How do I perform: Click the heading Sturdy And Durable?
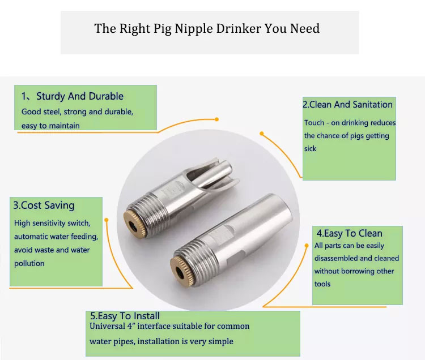pos(80,96)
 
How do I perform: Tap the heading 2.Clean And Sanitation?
pos(347,105)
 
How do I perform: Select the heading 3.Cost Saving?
pos(44,205)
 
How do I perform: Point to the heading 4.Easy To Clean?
pos(350,233)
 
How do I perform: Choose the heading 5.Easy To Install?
pos(125,316)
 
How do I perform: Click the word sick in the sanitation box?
pos(311,149)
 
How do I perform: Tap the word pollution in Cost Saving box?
pos(29,263)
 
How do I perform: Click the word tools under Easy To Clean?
pos(322,284)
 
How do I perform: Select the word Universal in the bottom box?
pos(107,326)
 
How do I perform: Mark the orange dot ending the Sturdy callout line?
pos(216,119)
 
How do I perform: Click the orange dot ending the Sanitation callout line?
pos(262,134)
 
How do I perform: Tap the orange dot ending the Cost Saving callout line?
pos(107,220)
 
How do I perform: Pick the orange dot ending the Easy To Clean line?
pos(307,246)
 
